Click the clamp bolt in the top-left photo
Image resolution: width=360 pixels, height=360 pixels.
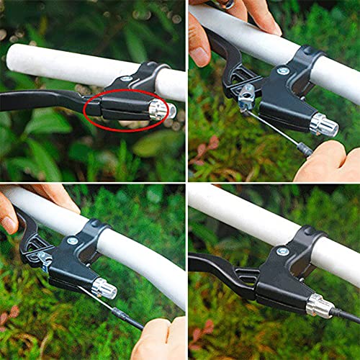127,78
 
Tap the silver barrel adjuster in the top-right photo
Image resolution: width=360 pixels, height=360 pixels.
323,125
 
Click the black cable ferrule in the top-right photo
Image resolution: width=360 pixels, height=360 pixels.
305,150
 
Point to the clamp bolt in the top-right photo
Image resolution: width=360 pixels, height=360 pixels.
283,70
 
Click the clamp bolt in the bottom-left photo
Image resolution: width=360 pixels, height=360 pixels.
72,240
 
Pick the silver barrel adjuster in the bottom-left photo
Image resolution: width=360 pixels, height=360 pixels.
104,288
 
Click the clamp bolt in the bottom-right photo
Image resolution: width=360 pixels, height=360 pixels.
283,251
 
